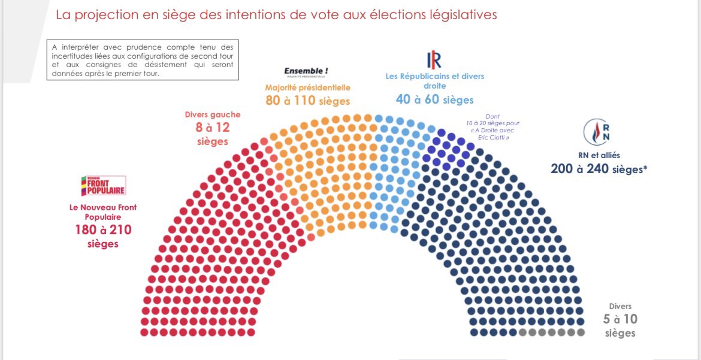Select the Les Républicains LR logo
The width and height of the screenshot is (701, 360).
pyautogui.click(x=434, y=60)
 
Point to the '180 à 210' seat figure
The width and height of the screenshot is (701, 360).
pyautogui.click(x=103, y=230)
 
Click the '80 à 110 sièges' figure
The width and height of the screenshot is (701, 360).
pyautogui.click(x=308, y=101)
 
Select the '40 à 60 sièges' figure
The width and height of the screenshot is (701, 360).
pyautogui.click(x=434, y=99)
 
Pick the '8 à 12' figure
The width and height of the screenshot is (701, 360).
pyautogui.click(x=213, y=128)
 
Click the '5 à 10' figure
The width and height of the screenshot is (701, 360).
pyautogui.click(x=620, y=320)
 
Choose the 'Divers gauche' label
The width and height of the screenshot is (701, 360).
pyautogui.click(x=213, y=114)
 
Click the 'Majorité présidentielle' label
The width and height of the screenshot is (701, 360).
pyautogui.click(x=308, y=87)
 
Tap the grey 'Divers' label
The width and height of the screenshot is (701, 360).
pyautogui.click(x=620, y=306)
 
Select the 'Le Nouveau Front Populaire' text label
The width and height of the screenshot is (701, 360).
pyautogui.click(x=102, y=211)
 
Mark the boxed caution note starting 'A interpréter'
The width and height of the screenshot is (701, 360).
pyautogui.click(x=143, y=60)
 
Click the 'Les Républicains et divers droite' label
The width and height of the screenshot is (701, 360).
pyautogui.click(x=434, y=81)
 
